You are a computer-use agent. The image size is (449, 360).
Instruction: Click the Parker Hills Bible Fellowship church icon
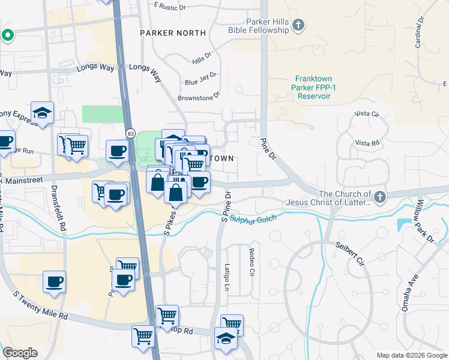pyautogui.click(x=299, y=25)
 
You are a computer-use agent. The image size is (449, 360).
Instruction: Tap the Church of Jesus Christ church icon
pyautogui.click(x=379, y=196)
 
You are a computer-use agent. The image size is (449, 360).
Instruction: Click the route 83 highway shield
pyautogui.click(x=130, y=133)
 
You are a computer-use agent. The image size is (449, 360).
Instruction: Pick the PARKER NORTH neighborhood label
pyautogui.click(x=173, y=33)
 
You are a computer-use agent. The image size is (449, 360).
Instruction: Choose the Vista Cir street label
pyautogui.click(x=367, y=113)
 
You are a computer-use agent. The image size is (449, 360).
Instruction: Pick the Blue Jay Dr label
pyautogui.click(x=200, y=79)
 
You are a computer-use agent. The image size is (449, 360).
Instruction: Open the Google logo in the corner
pyautogui.click(x=20, y=353)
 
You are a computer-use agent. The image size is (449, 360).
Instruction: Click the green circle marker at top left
pyautogui.click(x=7, y=35)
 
